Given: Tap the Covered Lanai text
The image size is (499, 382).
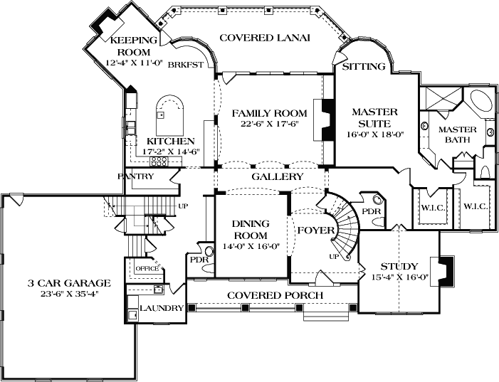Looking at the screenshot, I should (264, 38).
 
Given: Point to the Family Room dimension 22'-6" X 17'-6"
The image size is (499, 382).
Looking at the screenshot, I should (269, 124).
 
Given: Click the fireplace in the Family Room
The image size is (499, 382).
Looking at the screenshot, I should (328, 120).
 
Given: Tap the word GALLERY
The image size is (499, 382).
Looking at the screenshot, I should (278, 176).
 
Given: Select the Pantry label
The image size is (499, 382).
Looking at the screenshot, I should (137, 176).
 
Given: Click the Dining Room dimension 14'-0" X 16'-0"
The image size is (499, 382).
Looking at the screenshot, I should (249, 246).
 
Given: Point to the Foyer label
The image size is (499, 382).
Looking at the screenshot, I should (312, 230).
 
